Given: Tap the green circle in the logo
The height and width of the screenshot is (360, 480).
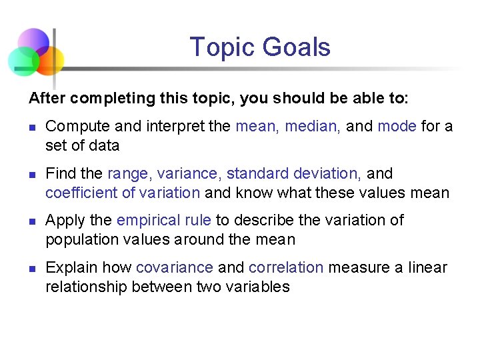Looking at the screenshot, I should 23,61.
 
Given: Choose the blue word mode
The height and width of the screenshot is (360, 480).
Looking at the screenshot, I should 397,126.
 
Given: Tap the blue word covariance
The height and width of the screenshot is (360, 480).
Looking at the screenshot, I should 175,267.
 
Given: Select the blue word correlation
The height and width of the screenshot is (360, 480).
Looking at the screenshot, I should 286,267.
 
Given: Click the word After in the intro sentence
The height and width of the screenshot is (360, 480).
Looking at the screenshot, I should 47,98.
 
